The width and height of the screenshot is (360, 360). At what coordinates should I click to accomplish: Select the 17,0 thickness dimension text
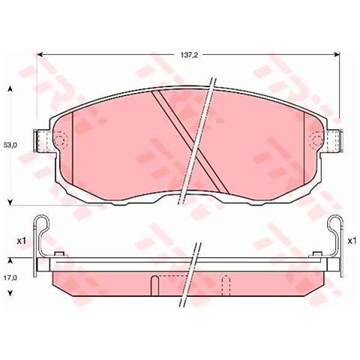click(10, 277)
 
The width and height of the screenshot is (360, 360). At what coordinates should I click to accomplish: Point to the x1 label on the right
click(350, 240)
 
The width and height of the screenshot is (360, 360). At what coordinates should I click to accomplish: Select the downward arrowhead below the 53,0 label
click(10, 199)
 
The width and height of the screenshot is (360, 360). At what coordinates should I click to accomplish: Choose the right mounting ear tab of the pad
click(334, 139)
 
